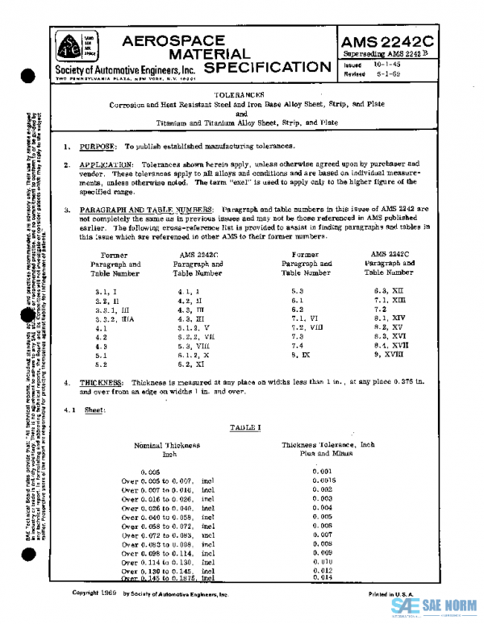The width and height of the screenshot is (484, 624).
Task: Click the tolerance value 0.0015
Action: (321, 480)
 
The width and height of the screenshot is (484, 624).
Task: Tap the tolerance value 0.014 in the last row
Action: (321, 577)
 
